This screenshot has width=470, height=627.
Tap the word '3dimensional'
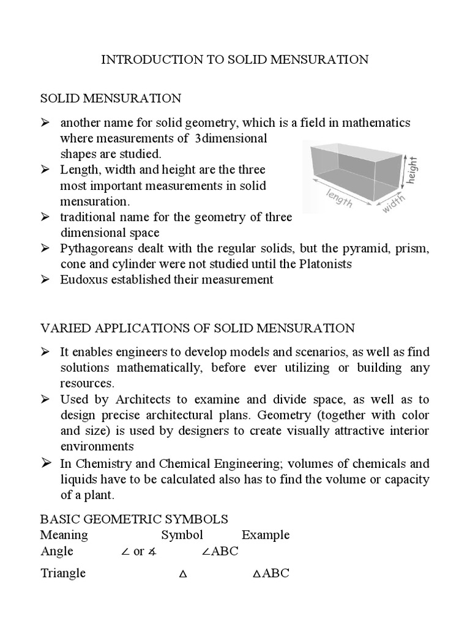pos(231,138)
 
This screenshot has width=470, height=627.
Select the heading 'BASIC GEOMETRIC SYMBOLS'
pos(134,519)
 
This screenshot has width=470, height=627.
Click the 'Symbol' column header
pos(182,535)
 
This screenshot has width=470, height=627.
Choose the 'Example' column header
pos(266,535)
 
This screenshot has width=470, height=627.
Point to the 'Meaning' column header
pos(64,535)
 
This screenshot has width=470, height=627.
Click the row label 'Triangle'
pos(63,574)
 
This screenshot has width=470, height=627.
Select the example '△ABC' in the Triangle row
pos(271,574)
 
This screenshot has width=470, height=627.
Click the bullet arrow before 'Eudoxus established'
pos(45,280)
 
